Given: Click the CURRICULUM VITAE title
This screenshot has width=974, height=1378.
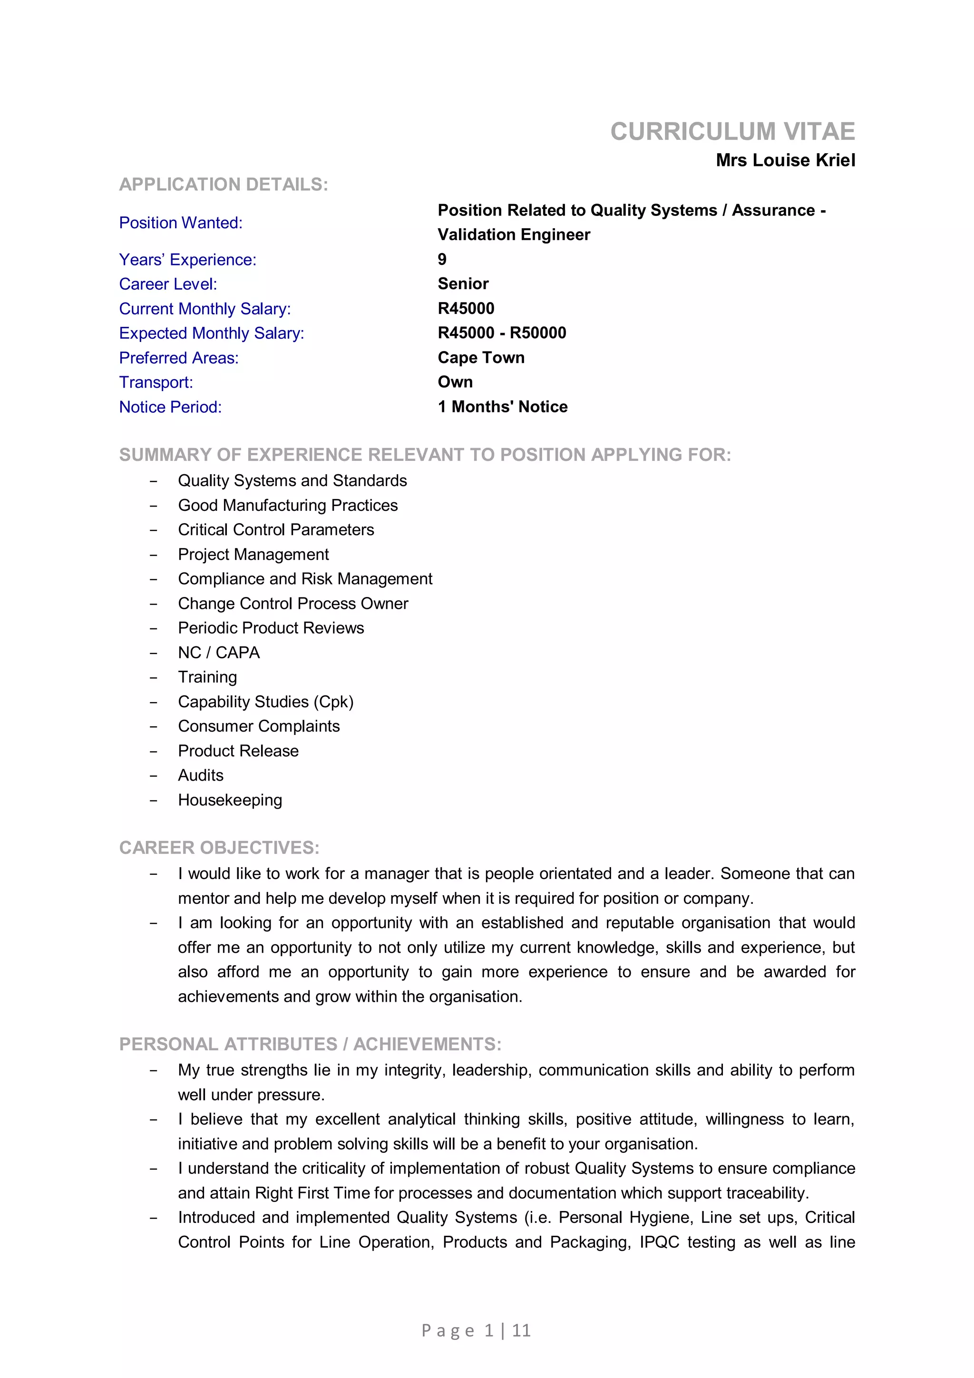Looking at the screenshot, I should pos(732,131).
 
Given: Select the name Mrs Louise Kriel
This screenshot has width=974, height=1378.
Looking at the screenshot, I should pos(785,160).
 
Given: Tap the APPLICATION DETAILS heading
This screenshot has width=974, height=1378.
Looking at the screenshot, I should pos(223,184).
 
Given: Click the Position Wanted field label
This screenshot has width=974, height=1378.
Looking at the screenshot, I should pos(181,223).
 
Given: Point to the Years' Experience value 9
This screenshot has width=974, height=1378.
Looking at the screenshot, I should pos(442,259).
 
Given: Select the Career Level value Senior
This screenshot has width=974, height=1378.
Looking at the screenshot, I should pos(463,284).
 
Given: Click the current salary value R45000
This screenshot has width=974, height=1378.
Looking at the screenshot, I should pos(466,309).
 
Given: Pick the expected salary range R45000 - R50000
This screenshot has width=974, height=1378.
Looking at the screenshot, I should pos(502,333).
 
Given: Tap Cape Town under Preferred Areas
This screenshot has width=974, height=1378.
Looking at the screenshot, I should pos(481,358).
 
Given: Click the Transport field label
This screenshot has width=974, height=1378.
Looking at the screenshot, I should pos(156,382).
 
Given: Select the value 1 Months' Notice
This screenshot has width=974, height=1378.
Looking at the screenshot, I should pos(502,407).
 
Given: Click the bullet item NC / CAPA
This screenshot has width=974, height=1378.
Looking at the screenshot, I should pos(218,653).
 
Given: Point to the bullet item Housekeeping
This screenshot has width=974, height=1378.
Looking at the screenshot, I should pos(230,800).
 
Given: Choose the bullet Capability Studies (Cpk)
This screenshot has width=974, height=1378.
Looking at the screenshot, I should pos(265,702).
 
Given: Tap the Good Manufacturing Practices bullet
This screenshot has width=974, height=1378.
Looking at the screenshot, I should pos(287,505).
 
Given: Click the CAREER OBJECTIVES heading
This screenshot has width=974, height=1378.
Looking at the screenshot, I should pos(219,848).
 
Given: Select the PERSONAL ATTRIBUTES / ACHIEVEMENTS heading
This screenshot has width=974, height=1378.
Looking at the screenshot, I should pos(310,1044).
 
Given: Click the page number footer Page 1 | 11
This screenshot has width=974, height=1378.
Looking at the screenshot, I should pos(476,1330).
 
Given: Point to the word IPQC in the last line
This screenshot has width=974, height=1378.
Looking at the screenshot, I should pos(659,1242).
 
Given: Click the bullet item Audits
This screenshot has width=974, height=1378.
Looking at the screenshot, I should pos(200,775).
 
